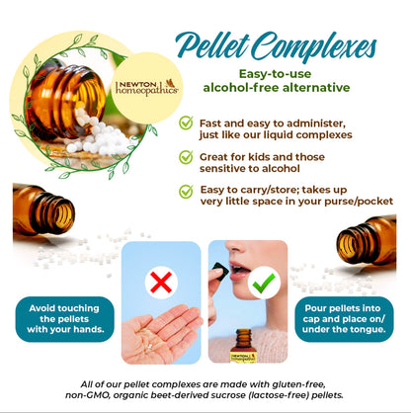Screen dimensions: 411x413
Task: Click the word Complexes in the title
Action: coord(314,47)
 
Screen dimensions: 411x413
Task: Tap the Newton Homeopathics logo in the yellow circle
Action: coord(147,87)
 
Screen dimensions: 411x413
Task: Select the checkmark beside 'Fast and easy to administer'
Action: coord(186,123)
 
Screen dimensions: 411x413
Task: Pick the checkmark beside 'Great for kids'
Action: coord(186,157)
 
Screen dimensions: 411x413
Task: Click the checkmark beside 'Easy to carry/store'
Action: coord(186,191)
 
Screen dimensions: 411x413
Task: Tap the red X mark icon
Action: coord(161,283)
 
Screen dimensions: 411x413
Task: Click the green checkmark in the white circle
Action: coord(264,283)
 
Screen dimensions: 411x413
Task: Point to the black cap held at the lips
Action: coord(220,271)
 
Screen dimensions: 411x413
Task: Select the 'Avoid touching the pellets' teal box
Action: coord(64,319)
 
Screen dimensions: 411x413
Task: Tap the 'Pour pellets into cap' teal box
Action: coord(344,319)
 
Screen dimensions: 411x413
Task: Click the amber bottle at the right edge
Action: coord(367,241)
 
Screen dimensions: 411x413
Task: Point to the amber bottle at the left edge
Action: coord(43,209)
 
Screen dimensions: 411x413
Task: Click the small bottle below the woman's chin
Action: coord(243,346)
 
